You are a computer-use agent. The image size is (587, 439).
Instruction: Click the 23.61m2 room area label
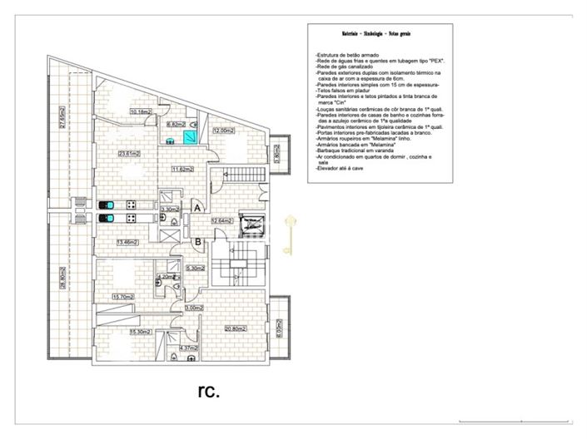pos(127,154)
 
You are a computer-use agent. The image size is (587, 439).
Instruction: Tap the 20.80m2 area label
pos(234,328)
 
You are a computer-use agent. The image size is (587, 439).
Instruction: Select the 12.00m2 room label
pos(221,131)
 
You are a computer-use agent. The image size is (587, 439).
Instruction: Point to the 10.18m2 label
pos(139,111)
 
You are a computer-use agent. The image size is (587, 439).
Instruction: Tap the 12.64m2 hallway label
pos(220,221)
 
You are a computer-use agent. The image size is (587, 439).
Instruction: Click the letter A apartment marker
pos(197,206)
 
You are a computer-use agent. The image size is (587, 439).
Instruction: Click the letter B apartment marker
pos(197,242)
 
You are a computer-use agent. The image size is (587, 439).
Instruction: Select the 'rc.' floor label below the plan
pos(208,391)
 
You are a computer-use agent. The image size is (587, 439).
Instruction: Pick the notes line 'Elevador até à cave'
pos(344,169)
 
